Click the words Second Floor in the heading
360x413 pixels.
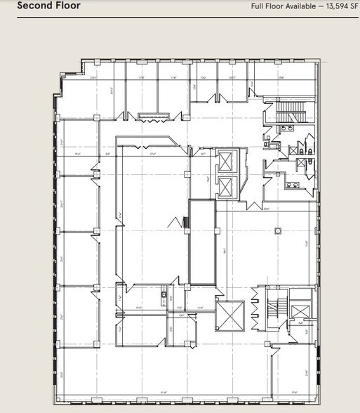(x=48, y=6)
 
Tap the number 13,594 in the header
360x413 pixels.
(x=330, y=6)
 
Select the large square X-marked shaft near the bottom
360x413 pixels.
(x=229, y=316)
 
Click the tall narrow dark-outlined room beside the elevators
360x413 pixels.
(x=202, y=242)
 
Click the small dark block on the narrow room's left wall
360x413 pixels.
(x=186, y=223)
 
